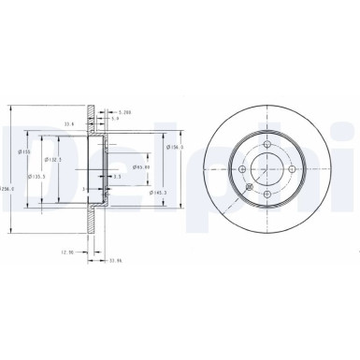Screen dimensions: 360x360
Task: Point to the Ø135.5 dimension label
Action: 38,175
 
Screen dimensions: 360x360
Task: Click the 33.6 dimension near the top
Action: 68,122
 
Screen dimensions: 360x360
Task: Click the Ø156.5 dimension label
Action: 175,147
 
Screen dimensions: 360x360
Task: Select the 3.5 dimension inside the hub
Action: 116,176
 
